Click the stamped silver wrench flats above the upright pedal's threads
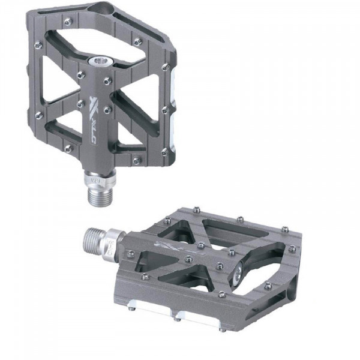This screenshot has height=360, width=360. pos(98,178)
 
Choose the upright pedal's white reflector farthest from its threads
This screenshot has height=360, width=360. pos(171,75)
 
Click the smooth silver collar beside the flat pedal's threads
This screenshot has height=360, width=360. pos(113,243)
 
